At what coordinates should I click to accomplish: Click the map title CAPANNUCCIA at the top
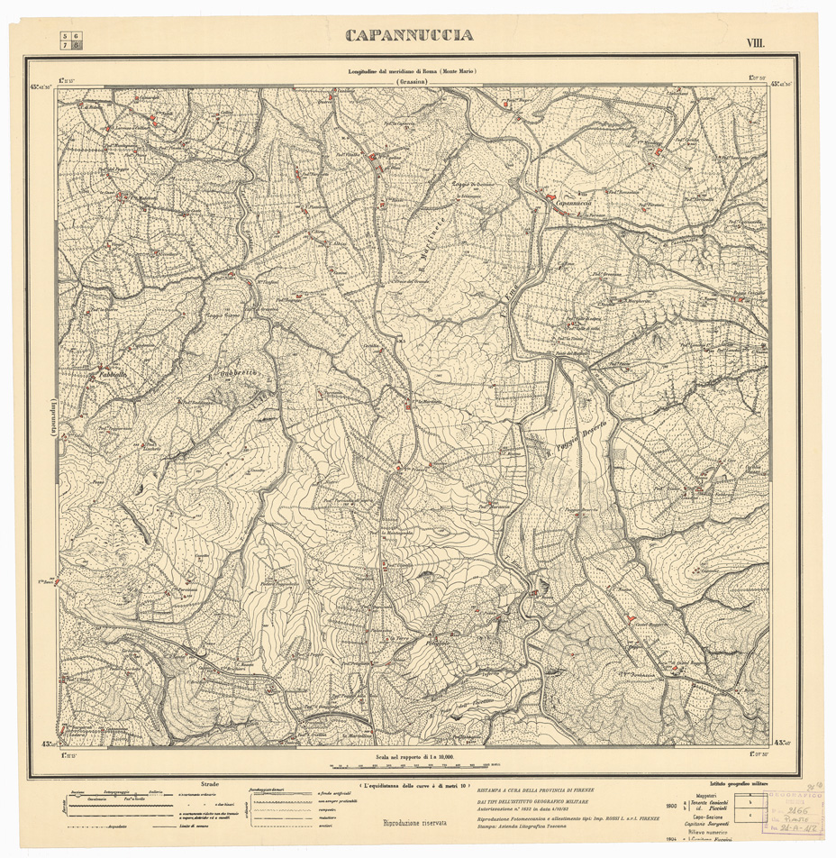click(409, 36)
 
